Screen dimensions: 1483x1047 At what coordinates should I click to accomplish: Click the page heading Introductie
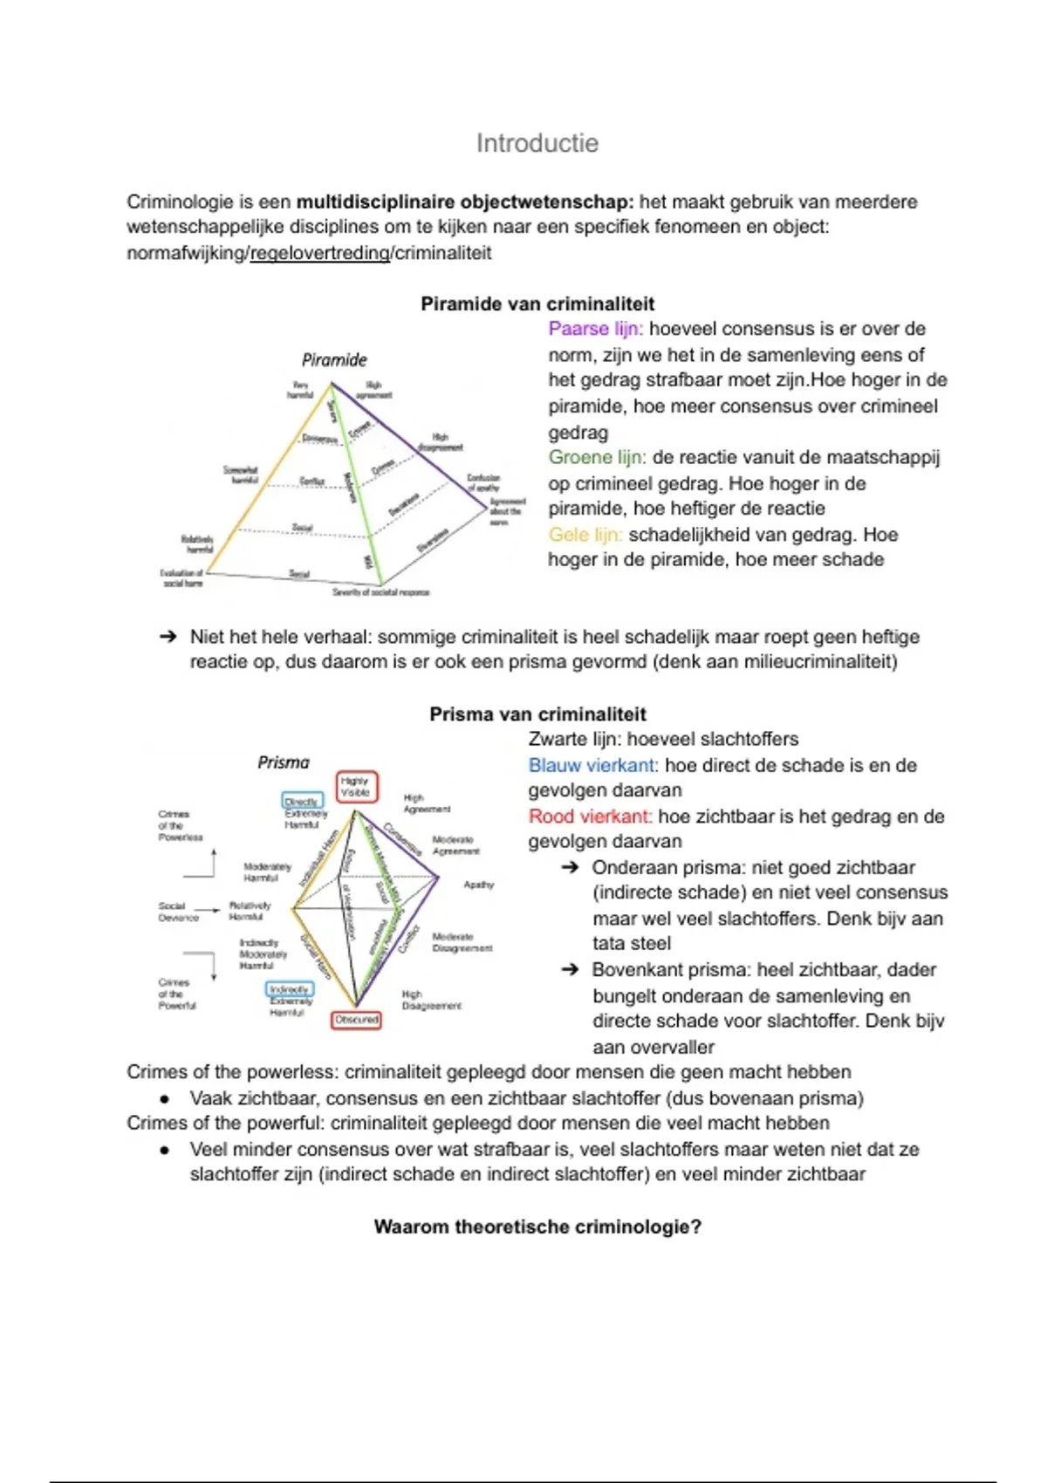537,143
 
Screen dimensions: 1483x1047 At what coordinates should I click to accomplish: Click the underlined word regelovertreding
319,253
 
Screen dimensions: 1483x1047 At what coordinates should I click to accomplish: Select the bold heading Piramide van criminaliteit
537,304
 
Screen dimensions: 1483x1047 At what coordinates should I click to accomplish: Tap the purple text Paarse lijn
595,329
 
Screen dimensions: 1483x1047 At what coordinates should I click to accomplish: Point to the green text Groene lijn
597,457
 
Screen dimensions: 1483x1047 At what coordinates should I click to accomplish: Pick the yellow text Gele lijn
585,534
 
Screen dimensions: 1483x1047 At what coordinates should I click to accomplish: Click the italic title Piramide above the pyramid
334,359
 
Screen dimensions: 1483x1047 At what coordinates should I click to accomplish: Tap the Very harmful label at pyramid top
300,390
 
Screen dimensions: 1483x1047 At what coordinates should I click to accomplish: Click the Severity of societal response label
380,592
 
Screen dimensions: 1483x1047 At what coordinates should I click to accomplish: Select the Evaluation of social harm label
182,577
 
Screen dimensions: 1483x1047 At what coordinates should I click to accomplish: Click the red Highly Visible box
356,786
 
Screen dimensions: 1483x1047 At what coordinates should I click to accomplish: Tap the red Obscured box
356,1019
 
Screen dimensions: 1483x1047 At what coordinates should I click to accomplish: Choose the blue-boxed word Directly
302,801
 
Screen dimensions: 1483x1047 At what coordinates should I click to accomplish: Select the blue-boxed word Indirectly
289,989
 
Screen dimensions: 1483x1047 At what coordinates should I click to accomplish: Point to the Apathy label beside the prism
478,885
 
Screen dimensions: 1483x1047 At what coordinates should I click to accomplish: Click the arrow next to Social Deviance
212,910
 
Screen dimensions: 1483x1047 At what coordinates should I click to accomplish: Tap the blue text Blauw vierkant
592,765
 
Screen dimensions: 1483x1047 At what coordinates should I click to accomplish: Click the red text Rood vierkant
590,817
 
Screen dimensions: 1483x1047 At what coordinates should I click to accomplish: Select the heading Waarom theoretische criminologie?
537,1227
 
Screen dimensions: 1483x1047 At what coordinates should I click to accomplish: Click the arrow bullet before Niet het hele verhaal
168,637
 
